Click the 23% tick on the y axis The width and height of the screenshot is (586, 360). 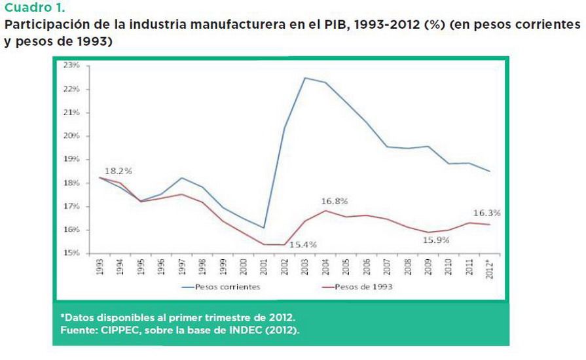(x=72, y=65)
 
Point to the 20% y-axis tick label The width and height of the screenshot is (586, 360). (x=72, y=136)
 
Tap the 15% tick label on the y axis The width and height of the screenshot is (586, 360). (x=72, y=253)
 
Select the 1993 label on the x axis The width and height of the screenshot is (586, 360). (x=100, y=268)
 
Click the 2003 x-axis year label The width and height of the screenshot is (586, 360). (x=305, y=268)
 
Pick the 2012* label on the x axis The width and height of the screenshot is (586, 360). (x=489, y=269)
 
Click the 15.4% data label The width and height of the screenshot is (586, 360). (x=302, y=244)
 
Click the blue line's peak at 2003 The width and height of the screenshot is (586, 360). (x=305, y=78)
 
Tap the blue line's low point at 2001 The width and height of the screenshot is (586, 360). (x=264, y=228)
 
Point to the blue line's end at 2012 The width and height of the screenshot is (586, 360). (x=489, y=171)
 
